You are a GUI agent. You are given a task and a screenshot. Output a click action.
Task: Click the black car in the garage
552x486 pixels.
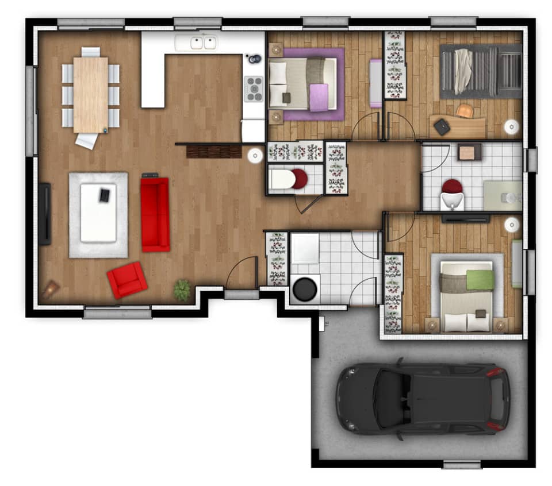click(423, 398)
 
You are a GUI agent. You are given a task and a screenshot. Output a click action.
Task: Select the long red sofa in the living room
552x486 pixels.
click(155, 214)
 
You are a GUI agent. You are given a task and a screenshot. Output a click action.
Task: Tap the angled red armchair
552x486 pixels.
click(127, 279)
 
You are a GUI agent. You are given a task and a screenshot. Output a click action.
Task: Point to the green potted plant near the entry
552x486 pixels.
click(182, 290)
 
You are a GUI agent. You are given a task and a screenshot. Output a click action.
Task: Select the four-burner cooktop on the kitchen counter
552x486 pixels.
click(254, 88)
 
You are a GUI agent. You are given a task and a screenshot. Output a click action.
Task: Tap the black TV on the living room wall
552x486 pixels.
click(45, 214)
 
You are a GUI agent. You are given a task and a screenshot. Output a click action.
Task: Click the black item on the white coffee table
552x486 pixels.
click(105, 195)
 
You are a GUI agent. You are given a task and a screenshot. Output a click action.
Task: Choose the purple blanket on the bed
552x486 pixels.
click(319, 97)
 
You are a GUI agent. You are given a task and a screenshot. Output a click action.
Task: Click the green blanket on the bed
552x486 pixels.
click(480, 279)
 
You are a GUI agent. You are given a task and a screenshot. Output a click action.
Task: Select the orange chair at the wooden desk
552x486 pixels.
click(465, 110)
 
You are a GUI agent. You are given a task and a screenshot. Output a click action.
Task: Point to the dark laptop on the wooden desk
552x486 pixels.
click(442, 126)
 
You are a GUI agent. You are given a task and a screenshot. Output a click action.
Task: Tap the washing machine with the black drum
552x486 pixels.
click(304, 288)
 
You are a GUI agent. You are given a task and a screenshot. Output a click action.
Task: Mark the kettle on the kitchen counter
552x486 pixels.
click(252, 59)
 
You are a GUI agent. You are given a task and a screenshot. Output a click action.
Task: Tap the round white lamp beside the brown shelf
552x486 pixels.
click(255, 155)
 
